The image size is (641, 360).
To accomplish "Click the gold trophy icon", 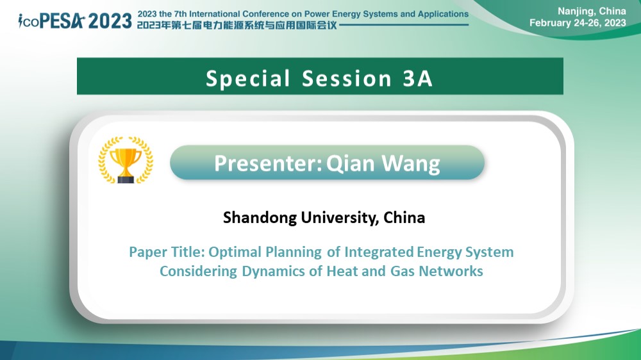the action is point(126,160).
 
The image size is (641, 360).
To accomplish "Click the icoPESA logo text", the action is point(51,21).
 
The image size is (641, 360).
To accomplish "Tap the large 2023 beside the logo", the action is point(110,21).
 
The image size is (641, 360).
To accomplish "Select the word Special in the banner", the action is point(247,78).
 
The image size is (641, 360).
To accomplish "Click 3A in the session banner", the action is point(417,78).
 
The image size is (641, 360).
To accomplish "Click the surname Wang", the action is point(411,164).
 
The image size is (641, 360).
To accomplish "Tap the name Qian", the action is point(351,163).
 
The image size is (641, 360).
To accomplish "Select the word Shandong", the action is point(260,218).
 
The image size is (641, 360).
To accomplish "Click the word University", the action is point(340,218).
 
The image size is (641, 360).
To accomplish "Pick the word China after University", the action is point(404,217).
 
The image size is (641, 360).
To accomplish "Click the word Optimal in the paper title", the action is point(235,252).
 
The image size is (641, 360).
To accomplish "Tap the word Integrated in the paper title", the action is point(379,252).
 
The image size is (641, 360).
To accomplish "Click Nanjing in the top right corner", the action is point(575,12).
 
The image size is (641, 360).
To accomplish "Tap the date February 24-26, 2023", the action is point(578,23).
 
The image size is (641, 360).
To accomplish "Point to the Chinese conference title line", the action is point(237,26).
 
